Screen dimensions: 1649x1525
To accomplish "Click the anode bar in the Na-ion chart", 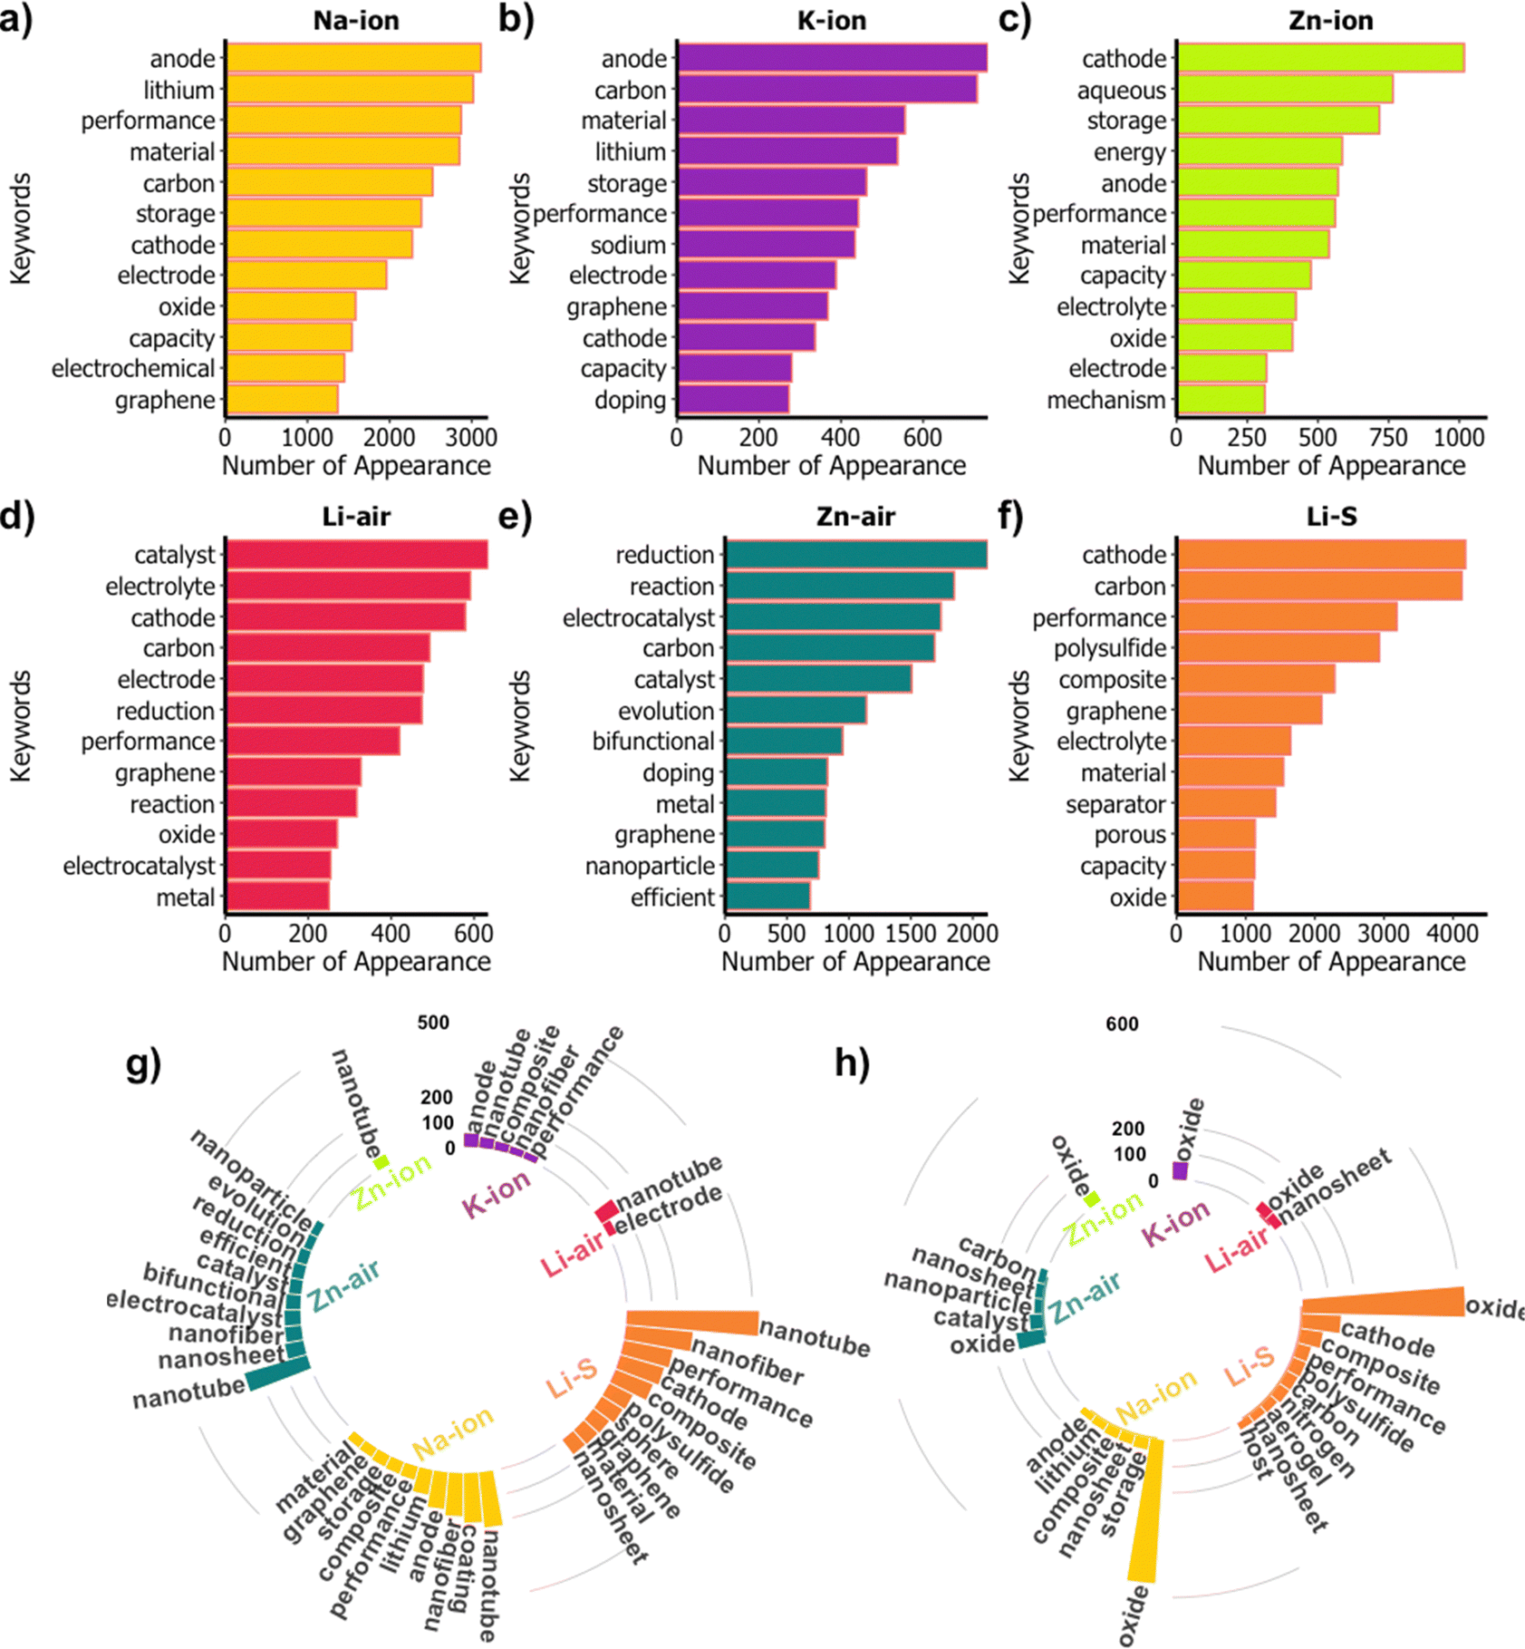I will click(x=353, y=58).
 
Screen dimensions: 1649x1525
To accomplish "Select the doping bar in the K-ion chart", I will click(x=733, y=399).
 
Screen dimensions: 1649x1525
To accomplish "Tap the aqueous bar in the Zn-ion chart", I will click(x=1284, y=90).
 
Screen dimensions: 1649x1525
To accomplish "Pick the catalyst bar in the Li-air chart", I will click(x=356, y=555).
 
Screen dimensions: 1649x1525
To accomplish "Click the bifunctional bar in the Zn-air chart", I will click(x=784, y=742).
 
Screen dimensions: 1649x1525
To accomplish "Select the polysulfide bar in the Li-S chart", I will click(x=1278, y=648).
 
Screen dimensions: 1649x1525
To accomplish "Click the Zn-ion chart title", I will click(x=1330, y=20).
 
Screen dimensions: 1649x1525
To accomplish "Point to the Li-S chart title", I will click(x=1331, y=517).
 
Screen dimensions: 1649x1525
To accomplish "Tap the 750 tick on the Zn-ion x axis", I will click(x=1388, y=438).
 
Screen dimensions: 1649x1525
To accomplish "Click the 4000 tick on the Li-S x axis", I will click(x=1453, y=933).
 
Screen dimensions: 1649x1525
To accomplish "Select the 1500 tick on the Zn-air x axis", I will click(x=910, y=933).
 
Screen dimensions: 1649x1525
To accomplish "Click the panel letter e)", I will click(x=515, y=517).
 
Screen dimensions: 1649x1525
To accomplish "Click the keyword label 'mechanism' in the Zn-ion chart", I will click(x=1105, y=400).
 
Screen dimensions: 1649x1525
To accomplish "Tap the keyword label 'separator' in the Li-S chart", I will click(x=1115, y=804).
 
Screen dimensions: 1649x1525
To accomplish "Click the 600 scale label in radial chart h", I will click(x=1122, y=1024).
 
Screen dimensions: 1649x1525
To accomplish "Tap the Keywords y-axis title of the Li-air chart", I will click(x=20, y=725).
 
